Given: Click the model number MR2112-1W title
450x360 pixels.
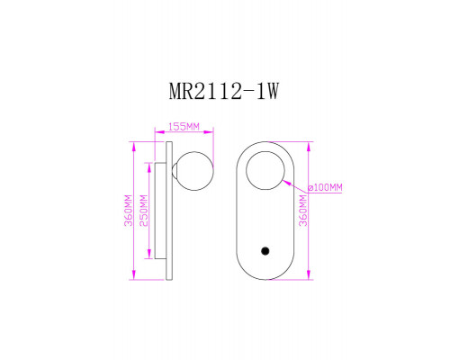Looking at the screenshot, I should tap(225, 92).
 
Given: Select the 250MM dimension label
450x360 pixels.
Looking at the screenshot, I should tap(143, 209).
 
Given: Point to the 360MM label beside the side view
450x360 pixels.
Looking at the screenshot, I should tap(129, 211).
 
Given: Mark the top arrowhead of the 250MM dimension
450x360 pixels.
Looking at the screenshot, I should tap(148, 164).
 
